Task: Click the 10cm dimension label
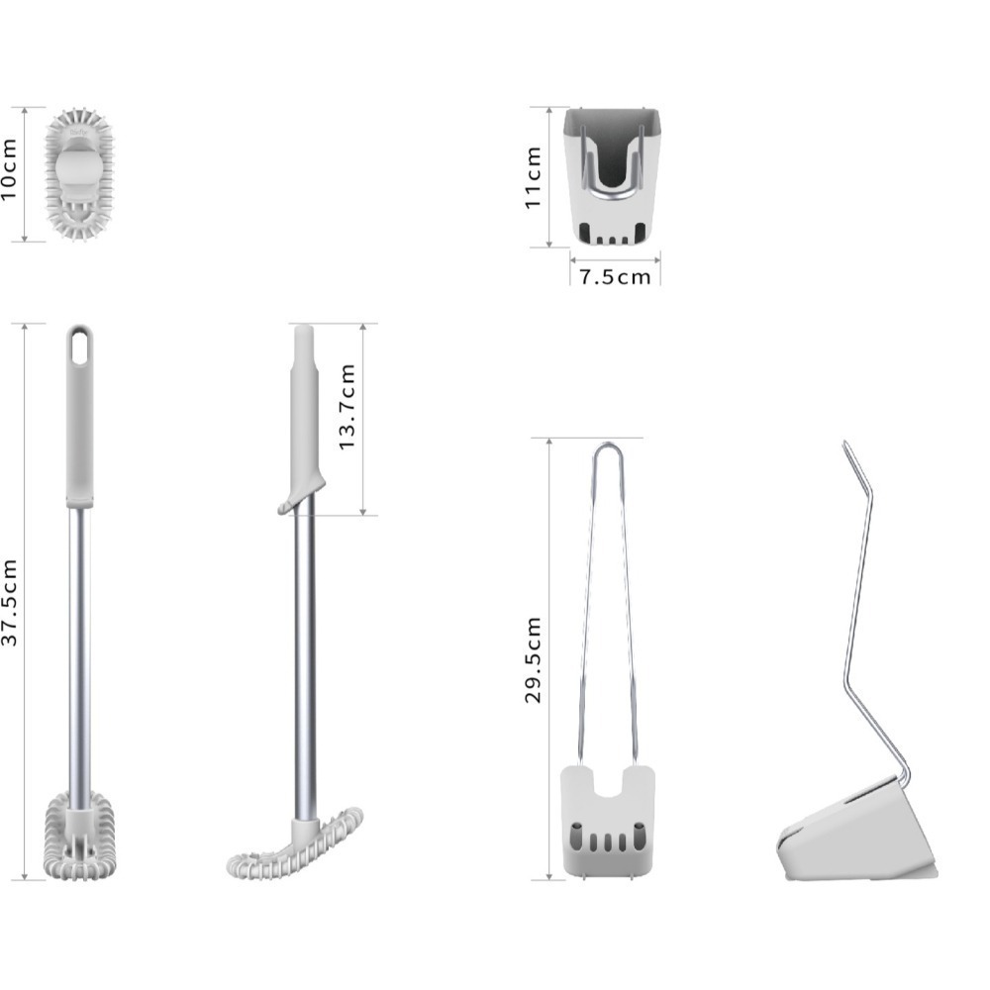(x=9, y=169)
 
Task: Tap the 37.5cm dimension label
(x=9, y=603)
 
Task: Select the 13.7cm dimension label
(x=346, y=407)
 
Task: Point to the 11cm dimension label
(x=533, y=177)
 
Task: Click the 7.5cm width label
(x=615, y=277)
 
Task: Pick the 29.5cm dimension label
(x=533, y=659)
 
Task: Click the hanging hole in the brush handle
(x=79, y=347)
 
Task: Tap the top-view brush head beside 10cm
(x=79, y=174)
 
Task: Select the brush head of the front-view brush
(x=80, y=836)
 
